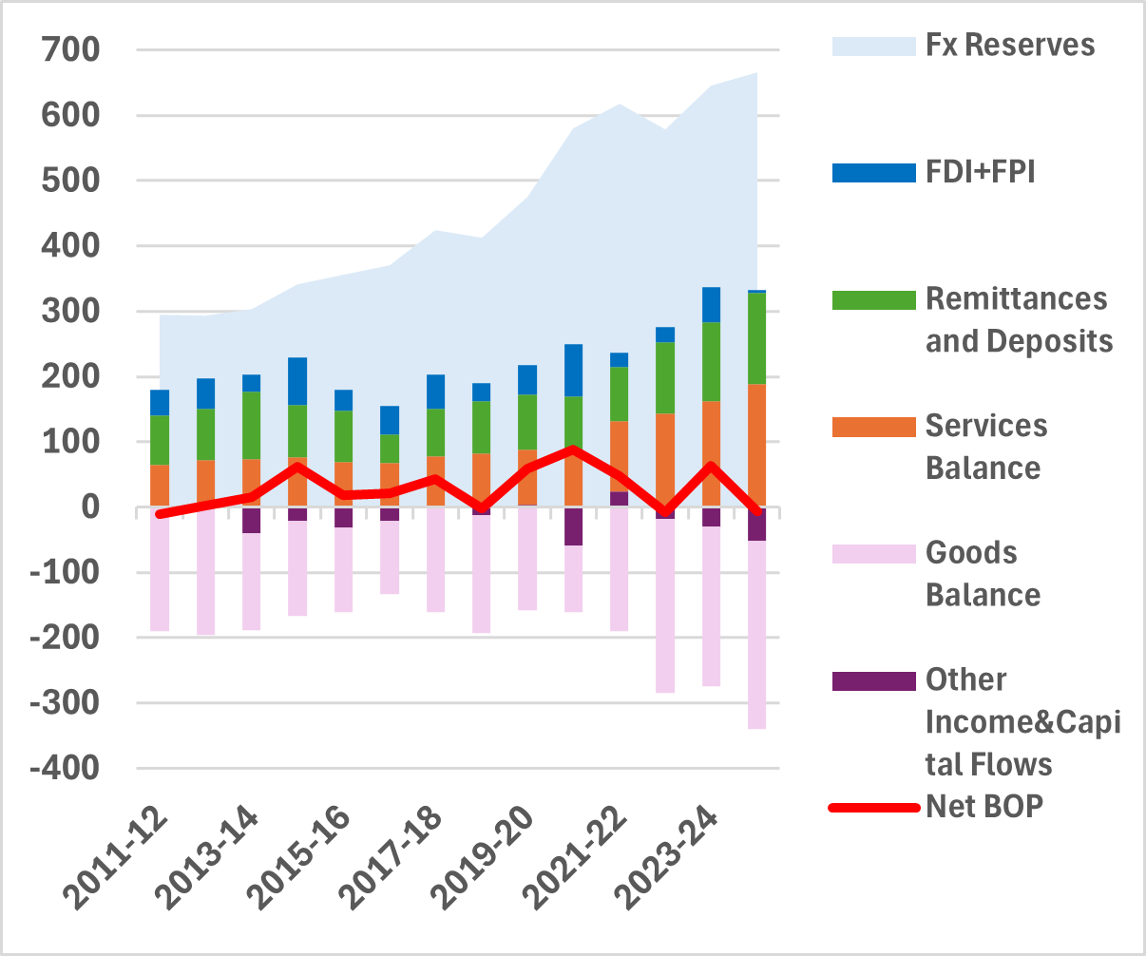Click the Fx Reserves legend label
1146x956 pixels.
point(1010,46)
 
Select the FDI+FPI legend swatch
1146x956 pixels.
point(873,172)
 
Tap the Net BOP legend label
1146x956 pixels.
point(984,807)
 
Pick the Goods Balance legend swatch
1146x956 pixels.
point(873,553)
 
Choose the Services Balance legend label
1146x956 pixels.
point(986,447)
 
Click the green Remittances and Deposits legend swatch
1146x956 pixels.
point(873,299)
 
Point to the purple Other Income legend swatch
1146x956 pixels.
point(873,680)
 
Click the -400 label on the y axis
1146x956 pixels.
point(65,768)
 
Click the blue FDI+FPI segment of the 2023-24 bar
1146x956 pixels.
point(711,304)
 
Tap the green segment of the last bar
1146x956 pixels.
point(756,338)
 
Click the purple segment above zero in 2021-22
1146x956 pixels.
point(619,499)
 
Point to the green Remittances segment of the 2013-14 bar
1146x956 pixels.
point(251,425)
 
